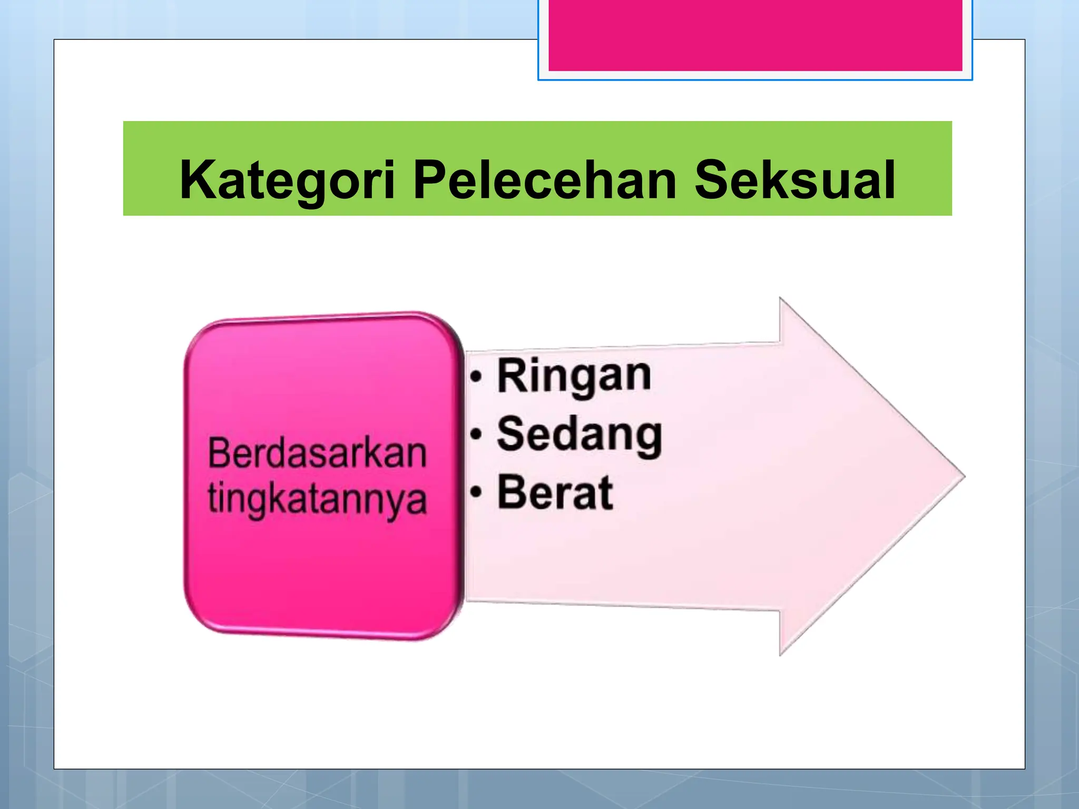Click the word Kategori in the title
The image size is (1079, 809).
(x=287, y=180)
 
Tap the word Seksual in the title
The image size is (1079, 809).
(x=794, y=180)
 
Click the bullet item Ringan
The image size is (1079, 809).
(x=574, y=376)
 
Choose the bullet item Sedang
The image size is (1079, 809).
(x=580, y=435)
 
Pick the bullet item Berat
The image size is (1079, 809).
(x=555, y=493)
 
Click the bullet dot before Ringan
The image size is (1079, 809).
(x=476, y=377)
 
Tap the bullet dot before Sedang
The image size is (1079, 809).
(x=476, y=435)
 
